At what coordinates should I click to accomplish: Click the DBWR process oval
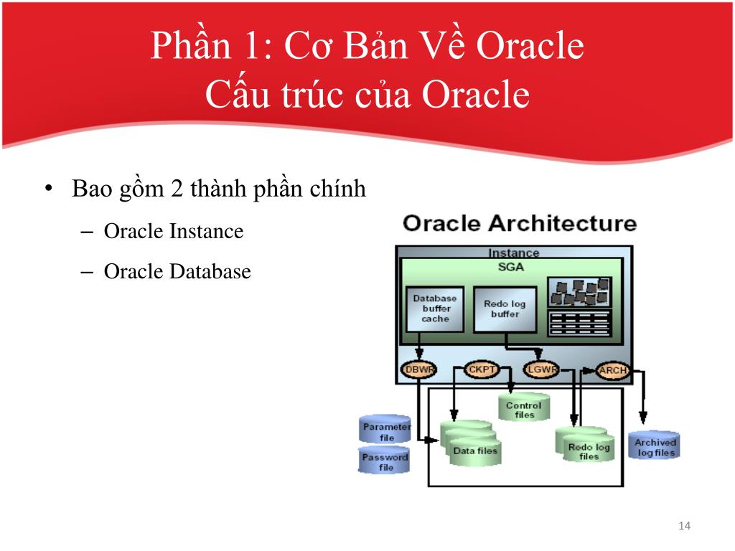pyautogui.click(x=418, y=370)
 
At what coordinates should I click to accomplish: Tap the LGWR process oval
pyautogui.click(x=542, y=370)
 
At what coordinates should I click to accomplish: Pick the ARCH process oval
pyautogui.click(x=612, y=371)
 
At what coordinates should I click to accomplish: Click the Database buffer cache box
pyautogui.click(x=435, y=309)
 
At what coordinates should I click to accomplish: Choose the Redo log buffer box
pyautogui.click(x=505, y=309)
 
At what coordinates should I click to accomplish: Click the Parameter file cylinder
pyautogui.click(x=385, y=430)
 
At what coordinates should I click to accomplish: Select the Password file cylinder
pyautogui.click(x=385, y=461)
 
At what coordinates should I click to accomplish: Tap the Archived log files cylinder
pyautogui.click(x=655, y=446)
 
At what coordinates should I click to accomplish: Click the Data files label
pyautogui.click(x=475, y=451)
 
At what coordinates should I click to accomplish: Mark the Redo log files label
pyautogui.click(x=589, y=451)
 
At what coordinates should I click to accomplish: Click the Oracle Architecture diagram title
pyautogui.click(x=520, y=223)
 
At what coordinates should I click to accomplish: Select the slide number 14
pyautogui.click(x=684, y=527)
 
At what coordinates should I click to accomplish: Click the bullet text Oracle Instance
pyautogui.click(x=174, y=232)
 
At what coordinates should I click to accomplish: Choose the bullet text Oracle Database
pyautogui.click(x=177, y=272)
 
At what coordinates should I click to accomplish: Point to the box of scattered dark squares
pyautogui.click(x=579, y=291)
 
